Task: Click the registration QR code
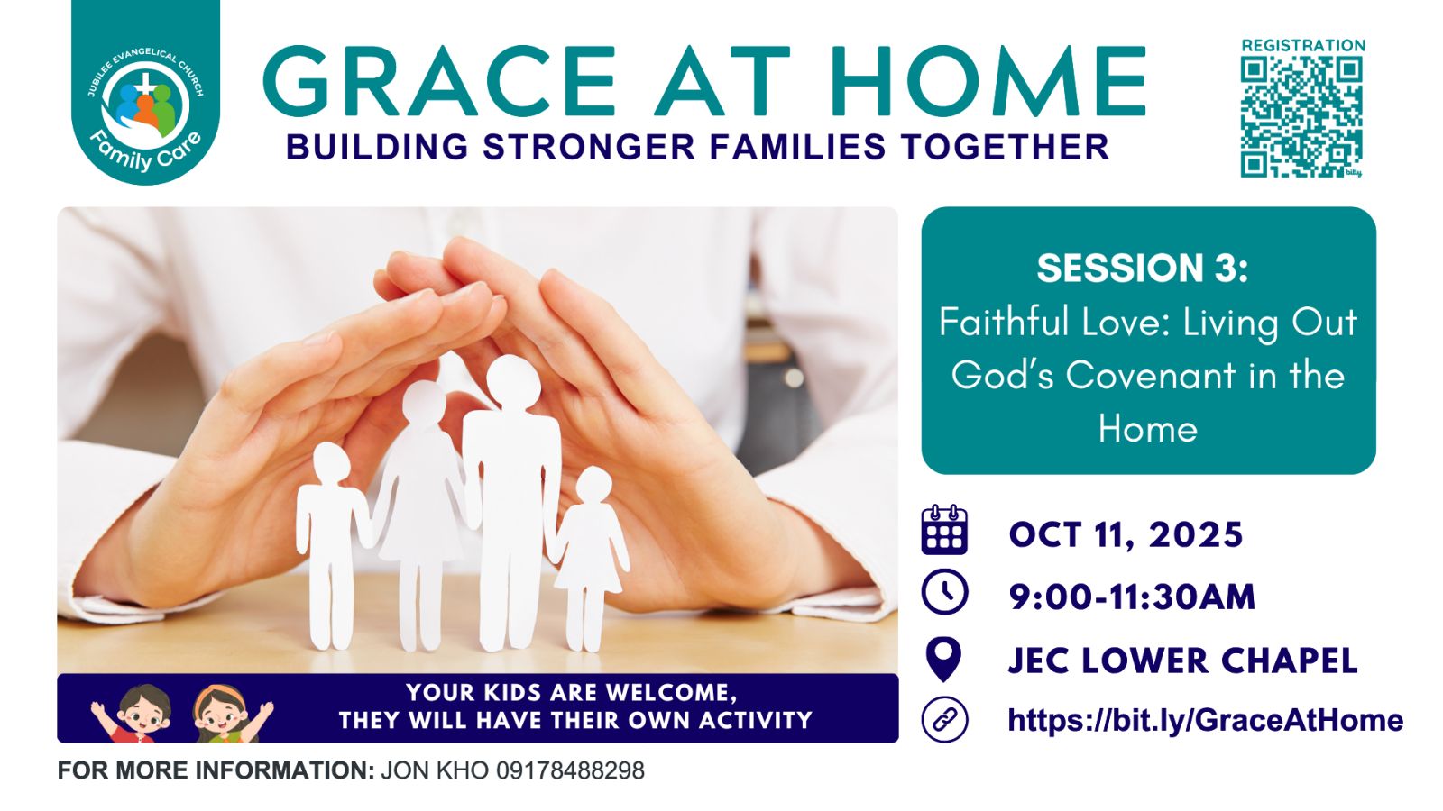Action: pos(1302,117)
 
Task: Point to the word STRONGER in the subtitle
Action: pos(590,147)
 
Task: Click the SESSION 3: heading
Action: pos(1142,268)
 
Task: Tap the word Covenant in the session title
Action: pos(1150,375)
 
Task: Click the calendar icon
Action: pos(944,531)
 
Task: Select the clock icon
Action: pos(944,592)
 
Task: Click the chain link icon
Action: pos(944,720)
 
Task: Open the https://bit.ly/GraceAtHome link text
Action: pos(1205,720)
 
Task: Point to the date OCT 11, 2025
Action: pos(1126,535)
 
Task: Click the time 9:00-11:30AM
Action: pos(1132,597)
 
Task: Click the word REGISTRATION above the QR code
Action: pos(1303,45)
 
